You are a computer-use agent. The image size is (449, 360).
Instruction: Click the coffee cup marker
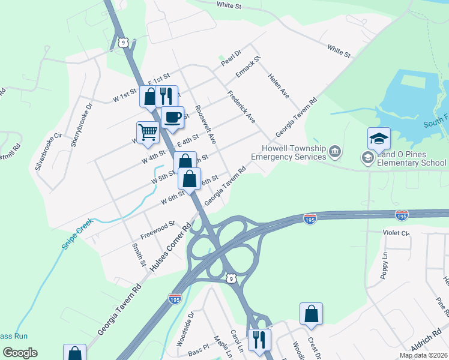pyautogui.click(x=172, y=117)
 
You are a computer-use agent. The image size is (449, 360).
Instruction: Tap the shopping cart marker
pyautogui.click(x=148, y=132)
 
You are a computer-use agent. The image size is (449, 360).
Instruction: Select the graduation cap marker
pyautogui.click(x=379, y=139)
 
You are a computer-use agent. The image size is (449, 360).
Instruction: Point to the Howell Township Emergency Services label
pyautogui.click(x=288, y=152)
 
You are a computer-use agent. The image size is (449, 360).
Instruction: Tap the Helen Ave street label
pyautogui.click(x=279, y=86)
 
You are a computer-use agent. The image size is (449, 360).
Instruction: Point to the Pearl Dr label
pyautogui.click(x=231, y=58)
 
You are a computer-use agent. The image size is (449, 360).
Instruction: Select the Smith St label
pyautogui.click(x=139, y=254)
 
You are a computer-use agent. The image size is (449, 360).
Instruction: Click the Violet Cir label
pyautogui.click(x=396, y=232)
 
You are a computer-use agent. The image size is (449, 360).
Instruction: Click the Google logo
pyautogui.click(x=19, y=353)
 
